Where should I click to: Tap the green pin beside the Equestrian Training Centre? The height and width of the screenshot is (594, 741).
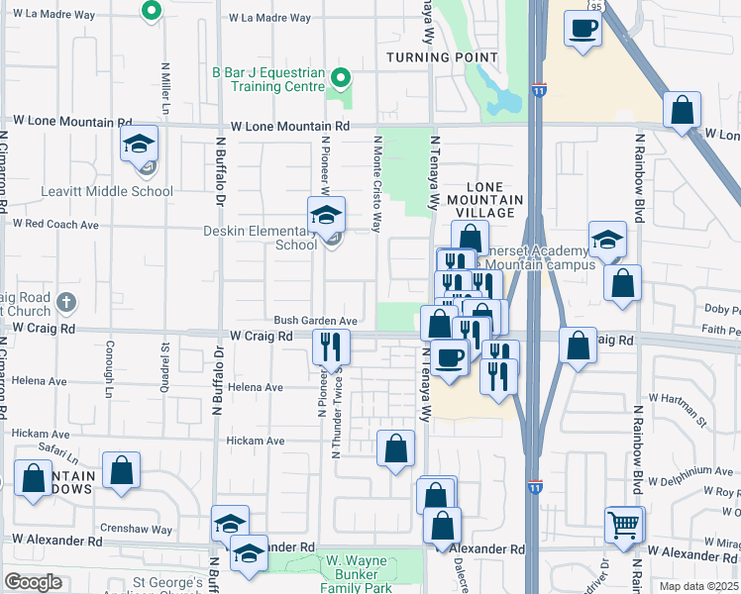(341, 76)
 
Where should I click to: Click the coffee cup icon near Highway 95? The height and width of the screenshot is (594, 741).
(582, 28)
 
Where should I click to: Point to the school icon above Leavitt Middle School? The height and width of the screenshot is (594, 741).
(140, 146)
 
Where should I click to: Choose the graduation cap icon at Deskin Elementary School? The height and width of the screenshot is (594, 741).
(324, 215)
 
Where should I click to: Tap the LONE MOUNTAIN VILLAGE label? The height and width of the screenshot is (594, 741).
(491, 200)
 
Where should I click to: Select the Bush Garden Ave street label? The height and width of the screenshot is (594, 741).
(315, 321)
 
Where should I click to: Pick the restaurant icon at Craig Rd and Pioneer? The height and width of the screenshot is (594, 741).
(330, 346)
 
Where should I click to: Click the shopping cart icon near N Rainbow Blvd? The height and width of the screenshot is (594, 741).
(623, 525)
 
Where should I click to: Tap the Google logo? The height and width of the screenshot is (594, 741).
(33, 581)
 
